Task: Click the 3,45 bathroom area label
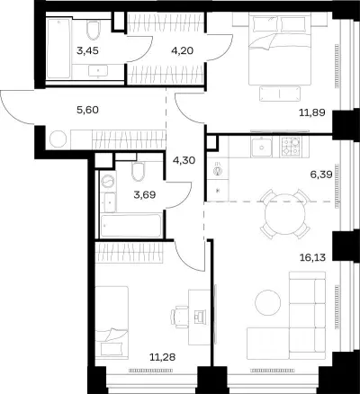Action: pos(87,50)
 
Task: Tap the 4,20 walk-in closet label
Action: pos(183,50)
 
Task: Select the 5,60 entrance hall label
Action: pos(87,110)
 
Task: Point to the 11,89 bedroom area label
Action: pos(312,112)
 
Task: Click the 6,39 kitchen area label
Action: pos(321,175)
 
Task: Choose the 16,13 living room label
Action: pos(312,257)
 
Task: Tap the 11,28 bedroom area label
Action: pos(162,357)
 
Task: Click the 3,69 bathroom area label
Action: pos(145,195)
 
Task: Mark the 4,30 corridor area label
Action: pos(184,160)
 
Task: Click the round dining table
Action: pos(285,214)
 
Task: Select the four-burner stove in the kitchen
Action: pos(291,147)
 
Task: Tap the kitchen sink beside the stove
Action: pos(262,147)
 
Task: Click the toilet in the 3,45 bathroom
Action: pos(93,30)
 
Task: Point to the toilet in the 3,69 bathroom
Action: pos(139,172)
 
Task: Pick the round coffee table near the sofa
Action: pos(268,302)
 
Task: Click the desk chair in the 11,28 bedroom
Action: pos(179,316)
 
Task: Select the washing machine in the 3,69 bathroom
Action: pos(108,181)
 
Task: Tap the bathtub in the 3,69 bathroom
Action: pos(130,226)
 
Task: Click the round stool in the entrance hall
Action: pos(58,139)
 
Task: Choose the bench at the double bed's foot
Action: pos(280,94)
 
